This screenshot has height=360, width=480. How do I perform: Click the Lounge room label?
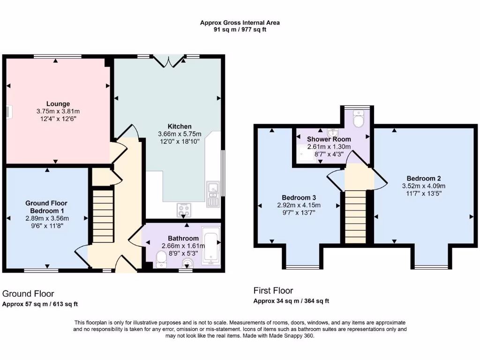tap(58, 104)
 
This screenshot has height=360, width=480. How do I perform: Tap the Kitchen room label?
tap(180, 126)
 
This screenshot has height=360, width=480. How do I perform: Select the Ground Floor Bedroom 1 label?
tap(46, 207)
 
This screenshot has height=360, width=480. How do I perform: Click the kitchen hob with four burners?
tap(183, 210)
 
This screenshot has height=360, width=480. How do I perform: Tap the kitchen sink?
tap(212, 193)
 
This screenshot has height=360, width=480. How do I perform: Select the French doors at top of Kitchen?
tap(168, 61)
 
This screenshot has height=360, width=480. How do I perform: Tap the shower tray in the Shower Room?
tap(307, 153)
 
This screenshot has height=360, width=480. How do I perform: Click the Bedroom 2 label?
tap(423, 178)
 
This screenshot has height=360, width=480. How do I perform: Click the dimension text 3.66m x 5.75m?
tap(180, 134)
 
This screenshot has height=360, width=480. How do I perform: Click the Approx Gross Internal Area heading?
tap(240, 22)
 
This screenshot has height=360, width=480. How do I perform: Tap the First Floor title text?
tap(273, 291)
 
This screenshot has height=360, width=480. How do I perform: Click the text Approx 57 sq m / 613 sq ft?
tap(40, 304)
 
